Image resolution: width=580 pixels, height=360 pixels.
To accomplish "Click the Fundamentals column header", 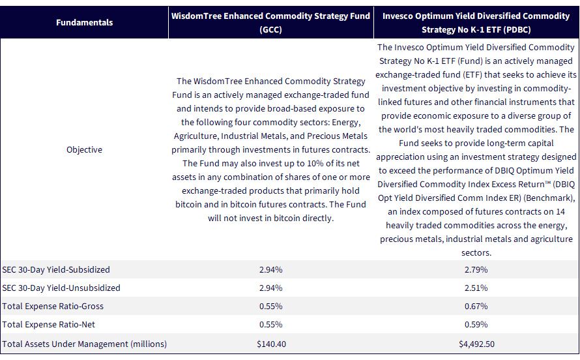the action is (84, 22).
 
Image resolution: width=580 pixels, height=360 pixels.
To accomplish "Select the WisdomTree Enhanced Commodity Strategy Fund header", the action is (270, 23).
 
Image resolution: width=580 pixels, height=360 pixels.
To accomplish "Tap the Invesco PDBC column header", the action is (476, 23).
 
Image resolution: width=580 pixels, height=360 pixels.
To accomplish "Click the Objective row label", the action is (84, 149).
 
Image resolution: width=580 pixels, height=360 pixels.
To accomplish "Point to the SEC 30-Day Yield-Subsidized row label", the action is (56, 269).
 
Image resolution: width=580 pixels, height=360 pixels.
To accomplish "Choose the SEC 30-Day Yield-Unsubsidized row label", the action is (61, 288).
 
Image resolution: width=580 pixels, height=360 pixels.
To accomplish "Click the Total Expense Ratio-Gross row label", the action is (53, 306).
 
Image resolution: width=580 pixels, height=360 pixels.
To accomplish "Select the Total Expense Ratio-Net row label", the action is (48, 324).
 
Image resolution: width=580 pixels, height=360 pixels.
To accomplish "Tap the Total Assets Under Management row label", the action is (84, 344).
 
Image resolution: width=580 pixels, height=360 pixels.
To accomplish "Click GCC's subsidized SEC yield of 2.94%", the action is (270, 269).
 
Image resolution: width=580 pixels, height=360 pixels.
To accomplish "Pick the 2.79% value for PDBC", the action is (476, 269).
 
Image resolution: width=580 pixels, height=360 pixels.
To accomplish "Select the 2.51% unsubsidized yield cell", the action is (476, 288).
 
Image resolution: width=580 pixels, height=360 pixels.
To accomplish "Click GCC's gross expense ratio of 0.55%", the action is (270, 306).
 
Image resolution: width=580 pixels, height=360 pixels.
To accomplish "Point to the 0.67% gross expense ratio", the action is (476, 306).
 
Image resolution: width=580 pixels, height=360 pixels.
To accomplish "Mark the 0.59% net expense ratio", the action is (476, 324).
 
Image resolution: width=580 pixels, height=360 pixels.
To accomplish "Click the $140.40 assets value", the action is (272, 344).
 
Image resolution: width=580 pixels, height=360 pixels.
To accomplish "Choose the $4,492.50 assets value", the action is (476, 344).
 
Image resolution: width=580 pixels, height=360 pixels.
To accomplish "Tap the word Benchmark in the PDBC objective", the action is (549, 198).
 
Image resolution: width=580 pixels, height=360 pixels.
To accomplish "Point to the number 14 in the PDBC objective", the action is (560, 211).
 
